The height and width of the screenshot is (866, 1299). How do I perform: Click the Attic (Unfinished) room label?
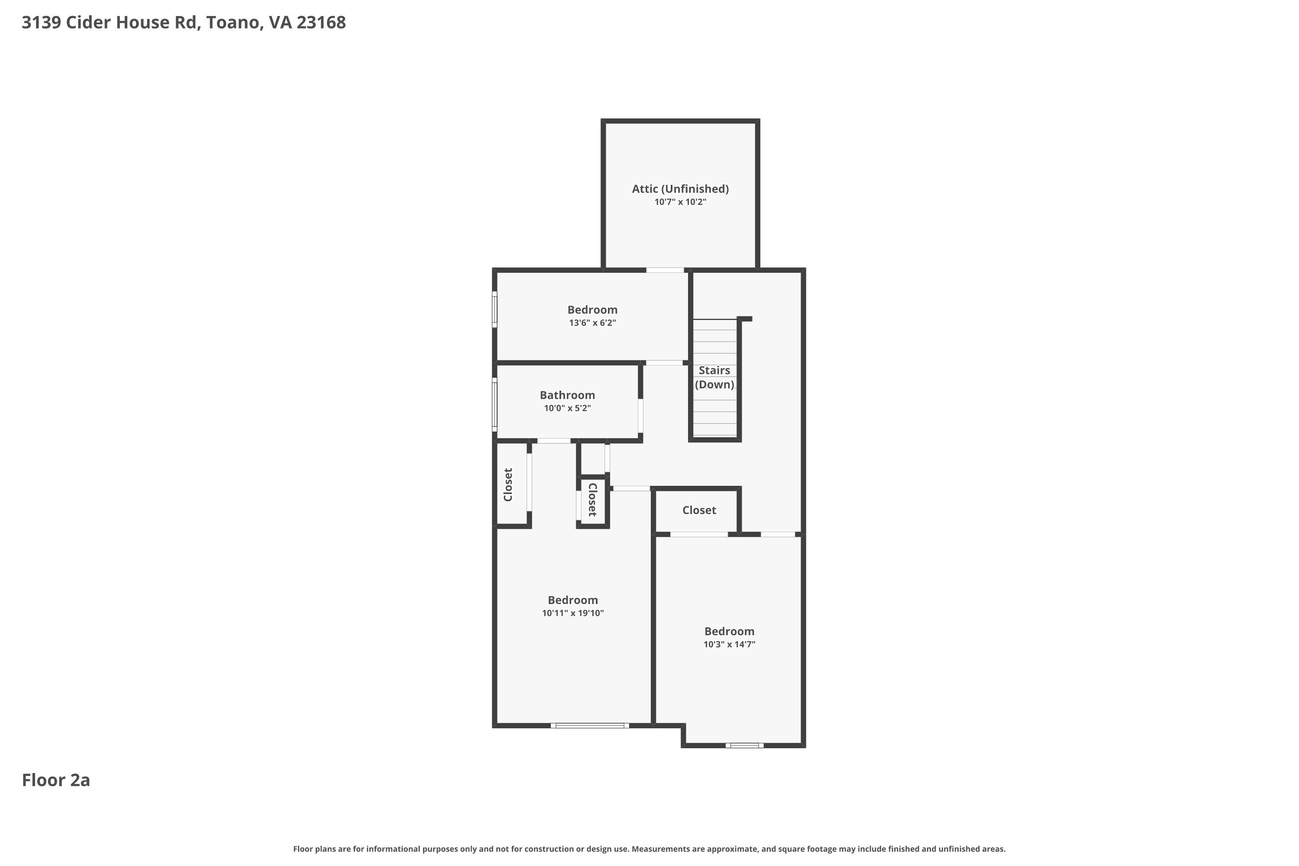680,189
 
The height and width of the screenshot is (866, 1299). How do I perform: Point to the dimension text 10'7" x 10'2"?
680,202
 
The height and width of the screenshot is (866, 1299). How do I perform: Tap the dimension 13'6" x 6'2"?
593,323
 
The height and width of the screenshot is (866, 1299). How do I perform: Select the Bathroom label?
567,395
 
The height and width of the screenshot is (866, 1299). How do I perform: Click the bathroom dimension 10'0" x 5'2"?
567,409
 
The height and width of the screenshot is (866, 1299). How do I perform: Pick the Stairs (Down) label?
715,378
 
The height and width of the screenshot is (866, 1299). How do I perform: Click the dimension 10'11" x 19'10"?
573,613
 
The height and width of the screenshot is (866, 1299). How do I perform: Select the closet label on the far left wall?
508,485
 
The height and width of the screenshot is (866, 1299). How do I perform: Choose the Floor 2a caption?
56,780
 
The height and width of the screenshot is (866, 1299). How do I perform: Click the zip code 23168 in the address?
321,23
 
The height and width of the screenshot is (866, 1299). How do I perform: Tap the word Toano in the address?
233,23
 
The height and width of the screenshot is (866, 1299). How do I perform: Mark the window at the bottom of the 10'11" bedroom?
590,725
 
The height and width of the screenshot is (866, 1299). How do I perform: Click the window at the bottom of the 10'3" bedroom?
744,746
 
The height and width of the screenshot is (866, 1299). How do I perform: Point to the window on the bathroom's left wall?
495,405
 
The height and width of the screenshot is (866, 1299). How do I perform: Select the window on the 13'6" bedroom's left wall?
495,309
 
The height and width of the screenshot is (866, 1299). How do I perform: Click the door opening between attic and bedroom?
666,270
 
